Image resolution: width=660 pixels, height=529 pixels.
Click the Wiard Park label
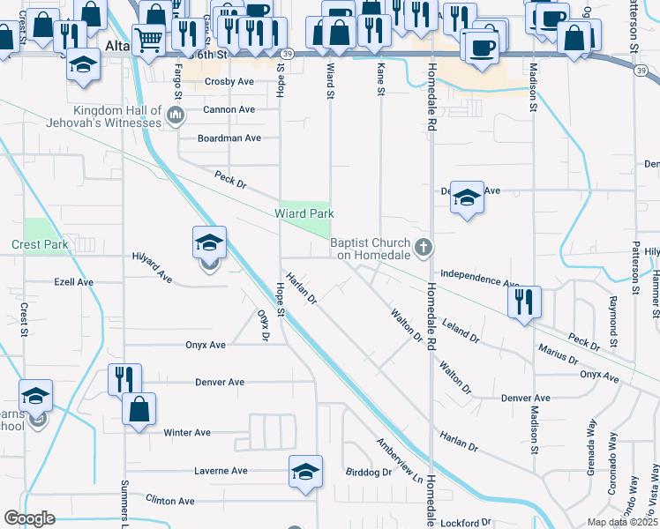(x=304, y=213)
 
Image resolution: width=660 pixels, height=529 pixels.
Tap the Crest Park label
(x=40, y=244)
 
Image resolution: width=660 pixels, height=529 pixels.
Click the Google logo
(x=29, y=518)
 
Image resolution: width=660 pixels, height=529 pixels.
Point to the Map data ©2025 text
(x=622, y=522)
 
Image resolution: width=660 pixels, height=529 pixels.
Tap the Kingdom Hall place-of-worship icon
(x=176, y=115)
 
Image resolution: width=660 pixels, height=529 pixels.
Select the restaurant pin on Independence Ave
(x=525, y=302)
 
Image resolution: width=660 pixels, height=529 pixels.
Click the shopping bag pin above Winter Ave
(x=139, y=409)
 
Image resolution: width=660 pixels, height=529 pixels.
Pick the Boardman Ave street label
(x=229, y=138)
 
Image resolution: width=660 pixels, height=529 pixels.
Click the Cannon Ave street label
(x=229, y=110)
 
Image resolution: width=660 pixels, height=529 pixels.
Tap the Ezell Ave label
(x=74, y=282)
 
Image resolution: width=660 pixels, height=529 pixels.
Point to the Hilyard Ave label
(x=152, y=265)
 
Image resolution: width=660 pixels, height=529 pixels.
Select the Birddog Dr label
(x=368, y=473)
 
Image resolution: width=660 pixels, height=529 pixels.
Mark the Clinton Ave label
(x=170, y=501)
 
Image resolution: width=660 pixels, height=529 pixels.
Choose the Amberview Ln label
(x=399, y=462)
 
